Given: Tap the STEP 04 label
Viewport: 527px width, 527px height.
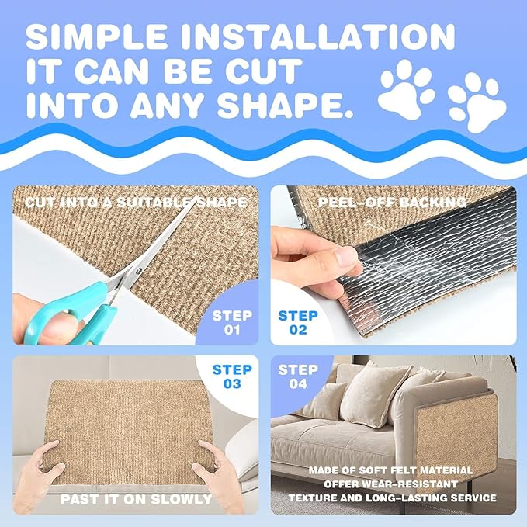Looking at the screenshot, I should click(x=298, y=377).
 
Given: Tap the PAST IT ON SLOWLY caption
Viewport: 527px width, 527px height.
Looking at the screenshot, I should click(x=133, y=498).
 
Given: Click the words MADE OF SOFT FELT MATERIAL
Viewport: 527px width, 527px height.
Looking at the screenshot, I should click(x=400, y=470).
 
